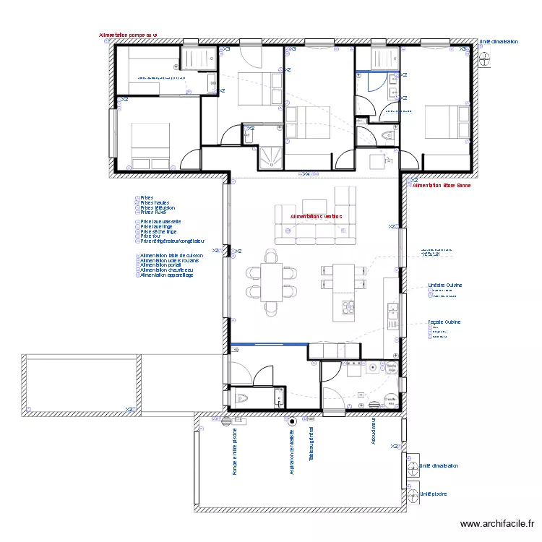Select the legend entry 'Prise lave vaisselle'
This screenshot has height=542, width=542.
point(160,221)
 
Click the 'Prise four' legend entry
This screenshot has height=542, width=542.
point(152,236)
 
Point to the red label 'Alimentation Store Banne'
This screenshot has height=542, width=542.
point(441,186)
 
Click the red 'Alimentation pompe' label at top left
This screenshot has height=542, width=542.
point(128,35)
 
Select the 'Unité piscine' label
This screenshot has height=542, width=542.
point(433,494)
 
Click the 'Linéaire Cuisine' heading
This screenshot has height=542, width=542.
point(444,285)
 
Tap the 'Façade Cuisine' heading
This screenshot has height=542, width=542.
point(444,322)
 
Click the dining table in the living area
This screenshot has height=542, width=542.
point(272,282)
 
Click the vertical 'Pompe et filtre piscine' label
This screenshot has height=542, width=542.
point(235,452)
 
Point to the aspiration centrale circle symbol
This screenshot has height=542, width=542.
point(292,421)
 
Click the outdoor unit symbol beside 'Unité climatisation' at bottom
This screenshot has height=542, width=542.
point(413,466)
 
